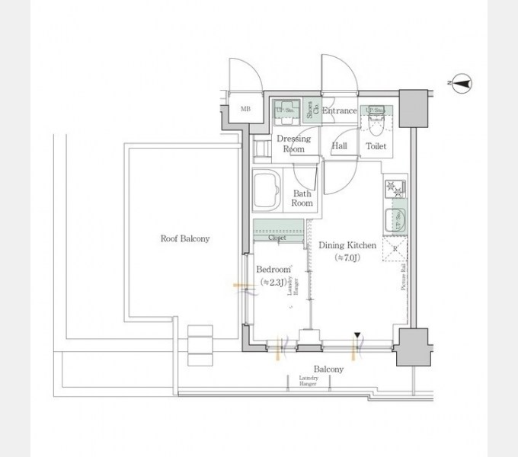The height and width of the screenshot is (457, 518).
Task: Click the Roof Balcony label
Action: [184, 238]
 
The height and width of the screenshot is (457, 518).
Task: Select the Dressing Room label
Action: [293, 144]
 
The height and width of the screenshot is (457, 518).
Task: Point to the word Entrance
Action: [339, 111]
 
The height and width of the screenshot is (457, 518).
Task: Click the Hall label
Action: [339, 145]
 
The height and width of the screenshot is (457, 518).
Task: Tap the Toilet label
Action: [376, 145]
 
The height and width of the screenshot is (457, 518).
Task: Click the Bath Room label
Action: [302, 198]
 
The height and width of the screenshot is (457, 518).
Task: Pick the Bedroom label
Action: [273, 270]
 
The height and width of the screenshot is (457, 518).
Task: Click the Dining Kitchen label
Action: [347, 245]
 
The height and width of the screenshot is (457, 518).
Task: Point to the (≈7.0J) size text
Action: [347, 258]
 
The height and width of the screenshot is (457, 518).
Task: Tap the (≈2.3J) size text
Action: [273, 283]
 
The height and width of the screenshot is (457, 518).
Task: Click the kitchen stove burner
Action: [395, 187]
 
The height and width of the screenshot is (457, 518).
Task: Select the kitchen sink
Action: [395, 220]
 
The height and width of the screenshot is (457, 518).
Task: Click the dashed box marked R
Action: [395, 249]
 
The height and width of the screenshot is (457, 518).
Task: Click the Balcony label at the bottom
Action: [328, 369]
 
